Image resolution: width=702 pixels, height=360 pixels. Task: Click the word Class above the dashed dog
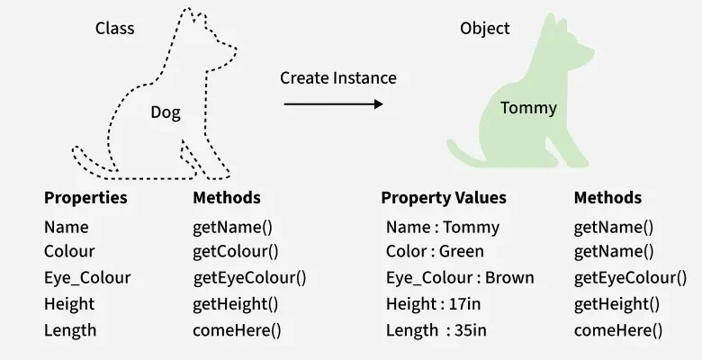click(x=115, y=29)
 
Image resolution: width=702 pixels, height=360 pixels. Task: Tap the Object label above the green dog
click(x=484, y=29)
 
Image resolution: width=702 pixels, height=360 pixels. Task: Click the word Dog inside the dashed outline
click(x=165, y=112)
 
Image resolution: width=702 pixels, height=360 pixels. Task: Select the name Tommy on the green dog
click(x=528, y=108)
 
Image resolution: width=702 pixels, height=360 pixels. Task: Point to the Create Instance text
click(x=337, y=78)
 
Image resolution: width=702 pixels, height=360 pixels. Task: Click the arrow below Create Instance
click(x=333, y=104)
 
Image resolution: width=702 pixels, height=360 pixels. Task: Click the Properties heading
click(x=85, y=198)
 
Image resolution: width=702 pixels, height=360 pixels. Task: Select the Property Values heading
click(x=444, y=198)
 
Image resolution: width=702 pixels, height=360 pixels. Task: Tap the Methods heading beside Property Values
click(x=607, y=198)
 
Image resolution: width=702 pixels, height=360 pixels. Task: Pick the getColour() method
click(x=236, y=252)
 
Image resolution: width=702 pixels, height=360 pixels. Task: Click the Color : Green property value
click(x=435, y=252)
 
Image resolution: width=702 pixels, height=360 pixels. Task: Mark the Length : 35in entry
click(x=436, y=330)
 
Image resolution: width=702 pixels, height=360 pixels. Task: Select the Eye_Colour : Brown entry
click(x=459, y=278)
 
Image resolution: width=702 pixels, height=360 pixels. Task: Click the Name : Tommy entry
click(x=442, y=228)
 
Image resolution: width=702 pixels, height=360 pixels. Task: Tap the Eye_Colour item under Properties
click(x=87, y=278)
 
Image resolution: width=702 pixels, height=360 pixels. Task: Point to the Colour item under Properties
click(x=69, y=252)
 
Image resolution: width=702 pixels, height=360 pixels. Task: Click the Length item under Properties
click(x=70, y=330)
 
